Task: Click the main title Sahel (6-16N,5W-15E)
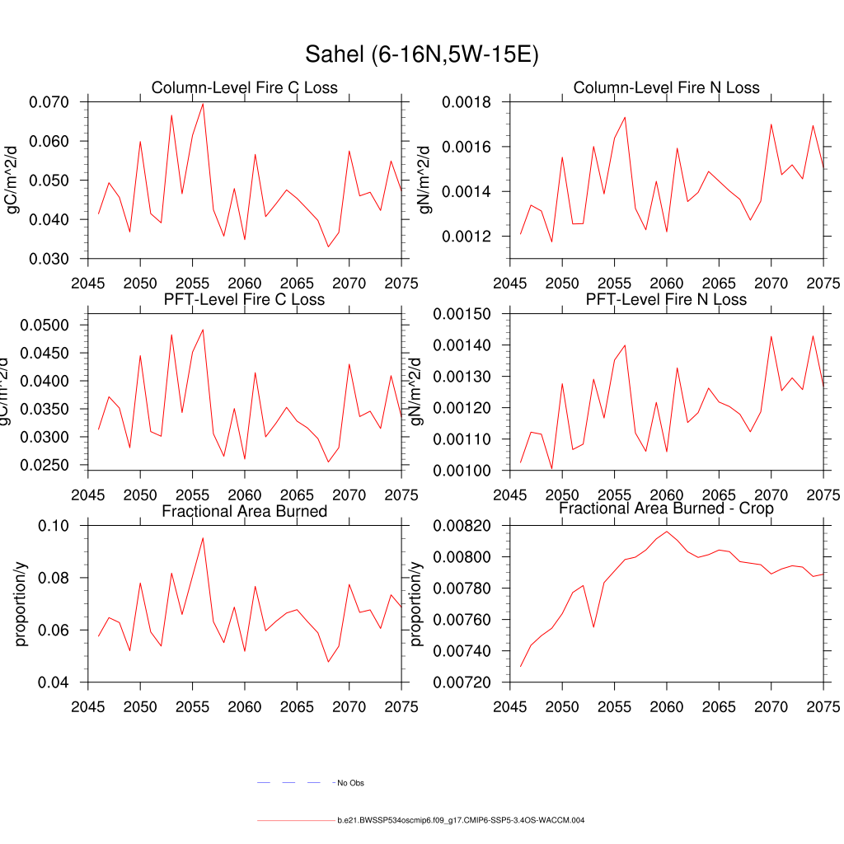pyautogui.click(x=421, y=54)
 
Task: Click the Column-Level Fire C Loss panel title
pyautogui.click(x=244, y=88)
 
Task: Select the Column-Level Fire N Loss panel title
pyautogui.click(x=666, y=88)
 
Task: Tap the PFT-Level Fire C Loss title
pyautogui.click(x=244, y=299)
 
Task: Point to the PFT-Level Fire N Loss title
pyautogui.click(x=666, y=299)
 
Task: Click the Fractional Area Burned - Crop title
pyautogui.click(x=666, y=509)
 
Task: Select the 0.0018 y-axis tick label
pyautogui.click(x=467, y=103)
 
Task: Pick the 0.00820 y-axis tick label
pyautogui.click(x=462, y=526)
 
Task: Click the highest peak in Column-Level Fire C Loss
pyautogui.click(x=203, y=103)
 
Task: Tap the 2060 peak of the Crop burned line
pyautogui.click(x=667, y=532)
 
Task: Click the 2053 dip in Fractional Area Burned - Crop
pyautogui.click(x=593, y=627)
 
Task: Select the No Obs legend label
pyautogui.click(x=350, y=782)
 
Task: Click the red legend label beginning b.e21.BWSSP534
pyautogui.click(x=461, y=821)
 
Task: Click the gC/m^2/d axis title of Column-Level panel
pyautogui.click(x=12, y=181)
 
